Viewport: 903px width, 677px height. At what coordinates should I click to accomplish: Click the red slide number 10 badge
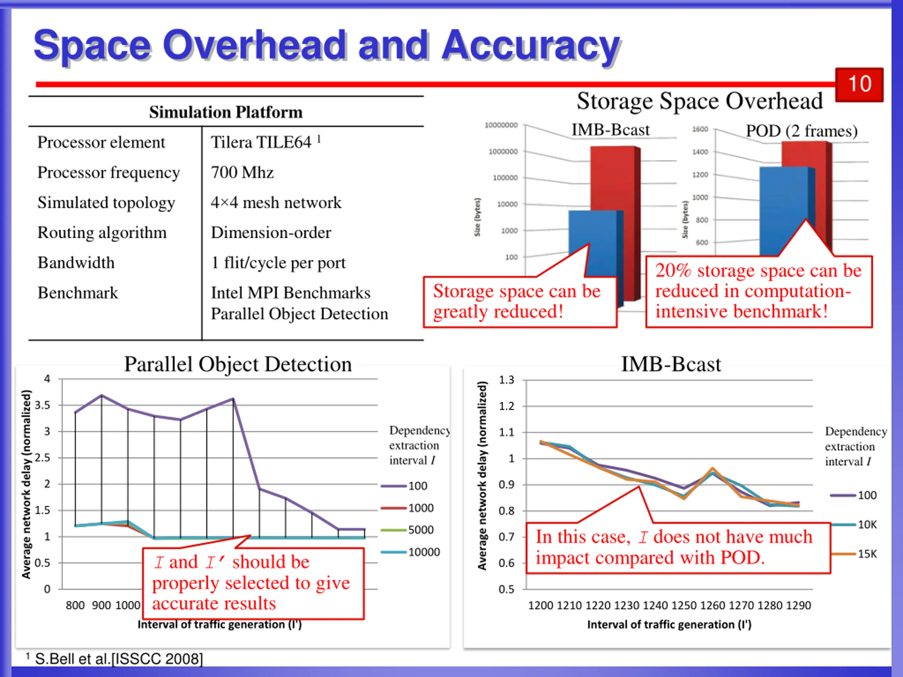(x=859, y=85)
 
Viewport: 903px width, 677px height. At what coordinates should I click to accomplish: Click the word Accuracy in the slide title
(x=531, y=46)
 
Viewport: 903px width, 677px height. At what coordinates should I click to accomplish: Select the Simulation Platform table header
(x=226, y=112)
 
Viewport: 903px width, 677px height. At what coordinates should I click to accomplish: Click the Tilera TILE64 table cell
(x=261, y=142)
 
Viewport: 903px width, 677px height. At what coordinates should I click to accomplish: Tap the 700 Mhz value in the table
(x=242, y=173)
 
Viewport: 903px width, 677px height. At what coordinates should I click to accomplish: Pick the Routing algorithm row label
(x=102, y=233)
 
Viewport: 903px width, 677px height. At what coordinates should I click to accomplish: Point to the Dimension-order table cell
(x=271, y=233)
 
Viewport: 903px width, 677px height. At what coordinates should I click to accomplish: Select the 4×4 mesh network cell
(x=276, y=202)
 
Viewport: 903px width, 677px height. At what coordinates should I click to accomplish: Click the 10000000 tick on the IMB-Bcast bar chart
(x=501, y=125)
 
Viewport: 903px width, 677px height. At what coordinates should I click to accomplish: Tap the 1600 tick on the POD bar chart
(x=700, y=129)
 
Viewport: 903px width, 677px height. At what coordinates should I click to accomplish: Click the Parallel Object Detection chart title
(x=238, y=364)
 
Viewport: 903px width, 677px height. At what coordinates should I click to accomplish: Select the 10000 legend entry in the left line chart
(x=424, y=552)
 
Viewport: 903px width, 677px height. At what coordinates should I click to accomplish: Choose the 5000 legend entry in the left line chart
(x=420, y=530)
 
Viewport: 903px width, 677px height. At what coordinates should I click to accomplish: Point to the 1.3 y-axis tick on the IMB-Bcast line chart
(x=507, y=380)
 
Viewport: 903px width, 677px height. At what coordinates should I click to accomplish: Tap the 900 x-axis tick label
(x=101, y=605)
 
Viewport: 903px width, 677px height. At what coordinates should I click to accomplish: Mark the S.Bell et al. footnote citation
(x=119, y=659)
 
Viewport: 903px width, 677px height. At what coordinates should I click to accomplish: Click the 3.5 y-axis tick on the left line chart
(x=42, y=405)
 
